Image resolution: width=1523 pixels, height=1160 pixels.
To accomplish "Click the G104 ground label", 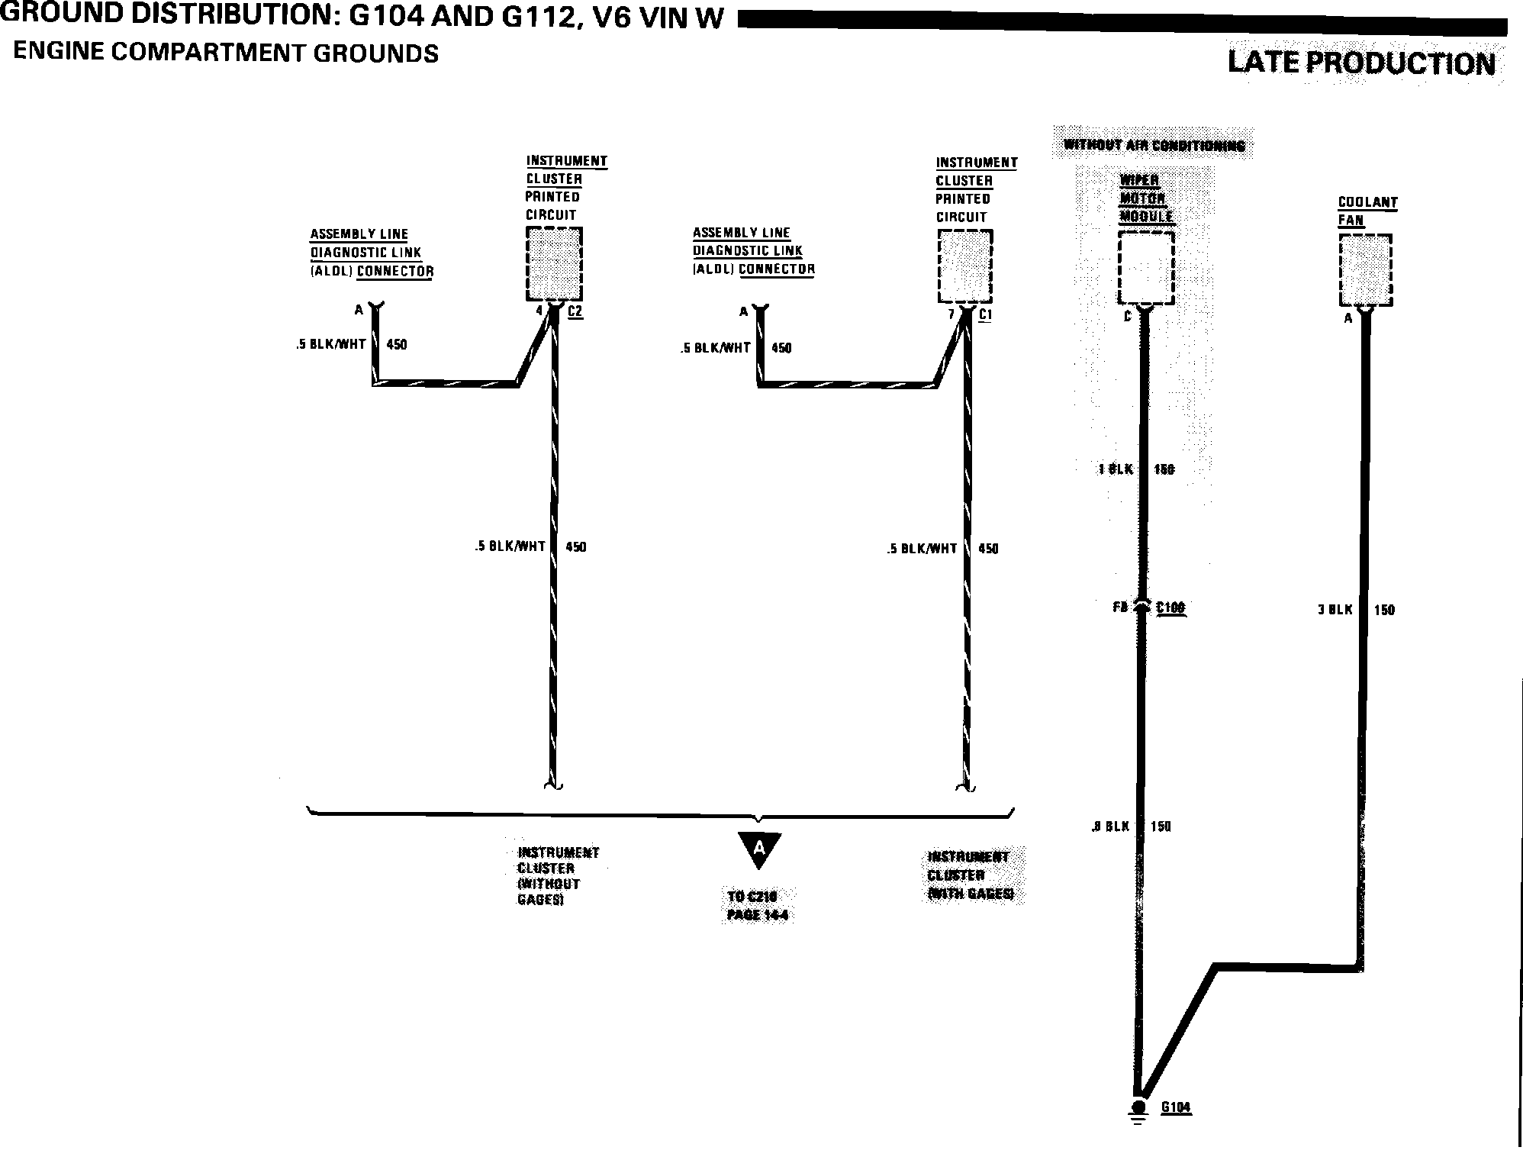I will click(1176, 1107).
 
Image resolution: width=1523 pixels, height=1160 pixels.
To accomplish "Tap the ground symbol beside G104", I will click(1138, 1110).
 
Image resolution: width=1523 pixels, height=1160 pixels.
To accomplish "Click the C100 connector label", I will click(1170, 607).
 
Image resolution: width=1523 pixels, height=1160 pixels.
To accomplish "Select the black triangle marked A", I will click(759, 849).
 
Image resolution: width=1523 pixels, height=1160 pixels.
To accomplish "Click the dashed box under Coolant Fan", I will click(1366, 270).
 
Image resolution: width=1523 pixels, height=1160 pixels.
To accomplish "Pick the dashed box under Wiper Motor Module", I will click(1145, 268).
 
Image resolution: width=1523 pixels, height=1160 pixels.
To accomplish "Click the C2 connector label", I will click(575, 311).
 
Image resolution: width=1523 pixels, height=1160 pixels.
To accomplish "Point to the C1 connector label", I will click(985, 314).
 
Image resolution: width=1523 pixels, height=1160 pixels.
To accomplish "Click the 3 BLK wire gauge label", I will click(1335, 610).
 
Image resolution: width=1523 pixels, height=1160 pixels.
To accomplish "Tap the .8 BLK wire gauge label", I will click(1110, 826).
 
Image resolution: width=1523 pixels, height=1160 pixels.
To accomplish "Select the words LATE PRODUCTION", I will click(1361, 63).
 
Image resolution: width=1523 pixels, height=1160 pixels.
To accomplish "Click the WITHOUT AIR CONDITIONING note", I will click(1154, 145).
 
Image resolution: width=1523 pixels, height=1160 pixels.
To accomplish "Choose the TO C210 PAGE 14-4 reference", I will click(757, 905).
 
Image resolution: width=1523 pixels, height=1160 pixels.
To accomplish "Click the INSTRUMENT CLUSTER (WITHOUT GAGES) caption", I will click(558, 876).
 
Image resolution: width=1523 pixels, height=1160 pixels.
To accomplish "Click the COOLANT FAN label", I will click(1367, 211).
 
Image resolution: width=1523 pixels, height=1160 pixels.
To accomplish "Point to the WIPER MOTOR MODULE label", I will click(1145, 198).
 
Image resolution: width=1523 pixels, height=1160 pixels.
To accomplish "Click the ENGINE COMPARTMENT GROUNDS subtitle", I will click(226, 53).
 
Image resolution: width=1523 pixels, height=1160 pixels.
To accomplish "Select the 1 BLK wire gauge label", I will click(1116, 469).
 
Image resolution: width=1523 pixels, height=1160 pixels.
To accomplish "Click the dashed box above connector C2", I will click(554, 263).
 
